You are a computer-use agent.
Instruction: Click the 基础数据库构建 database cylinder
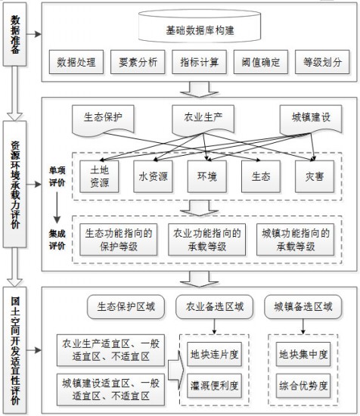pyautogui.click(x=200, y=26)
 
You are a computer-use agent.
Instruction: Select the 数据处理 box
pyautogui.click(x=76, y=62)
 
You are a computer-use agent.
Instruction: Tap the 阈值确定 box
pyautogui.click(x=260, y=62)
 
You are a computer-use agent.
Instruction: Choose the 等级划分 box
pyautogui.click(x=322, y=62)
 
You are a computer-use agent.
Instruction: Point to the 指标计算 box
pyautogui.click(x=199, y=62)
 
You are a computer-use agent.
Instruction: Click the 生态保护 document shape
pyautogui.click(x=103, y=120)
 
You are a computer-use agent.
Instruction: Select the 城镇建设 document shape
pyautogui.click(x=311, y=120)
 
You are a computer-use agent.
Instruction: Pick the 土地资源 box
pyautogui.click(x=99, y=176)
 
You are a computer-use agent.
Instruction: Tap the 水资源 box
pyautogui.click(x=153, y=176)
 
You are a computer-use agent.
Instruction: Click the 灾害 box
pyautogui.click(x=315, y=176)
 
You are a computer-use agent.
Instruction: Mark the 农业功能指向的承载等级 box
pyautogui.click(x=207, y=240)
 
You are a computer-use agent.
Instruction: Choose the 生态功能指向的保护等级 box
pyautogui.click(x=118, y=240)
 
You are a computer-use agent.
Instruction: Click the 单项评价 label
pyautogui.click(x=57, y=176)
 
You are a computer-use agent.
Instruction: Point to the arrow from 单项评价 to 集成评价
pyautogui.click(x=57, y=207)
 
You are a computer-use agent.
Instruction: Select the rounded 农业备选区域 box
pyautogui.click(x=214, y=306)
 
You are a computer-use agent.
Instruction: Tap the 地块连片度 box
pyautogui.click(x=214, y=354)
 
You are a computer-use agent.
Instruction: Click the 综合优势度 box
pyautogui.click(x=303, y=386)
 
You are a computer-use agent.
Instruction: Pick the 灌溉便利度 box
pyautogui.click(x=214, y=386)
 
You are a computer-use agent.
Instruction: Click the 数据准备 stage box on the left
pyautogui.click(x=14, y=34)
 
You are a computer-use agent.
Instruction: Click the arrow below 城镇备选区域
pyautogui.click(x=303, y=326)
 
